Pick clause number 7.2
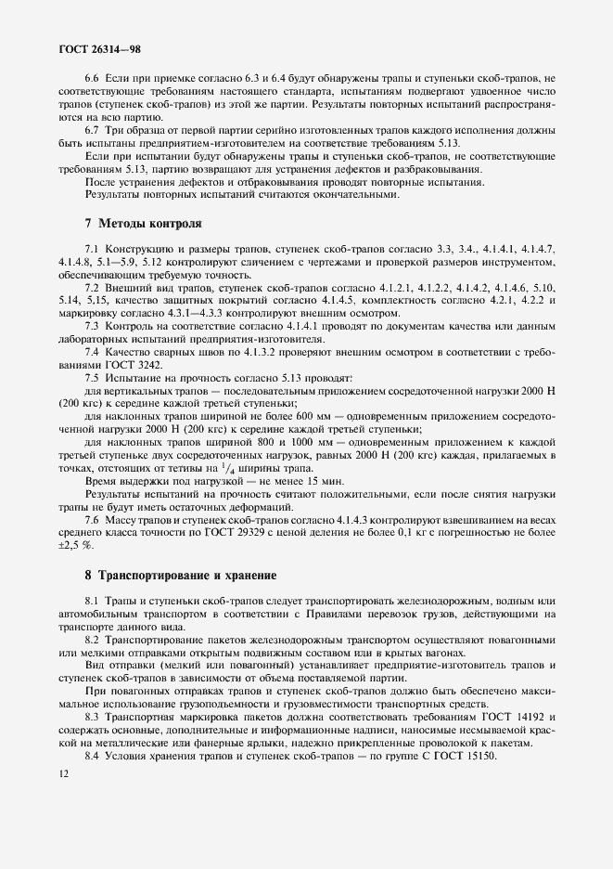[x=93, y=289]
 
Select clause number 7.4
[x=93, y=353]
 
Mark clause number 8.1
[x=93, y=602]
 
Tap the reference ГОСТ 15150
[x=468, y=759]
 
